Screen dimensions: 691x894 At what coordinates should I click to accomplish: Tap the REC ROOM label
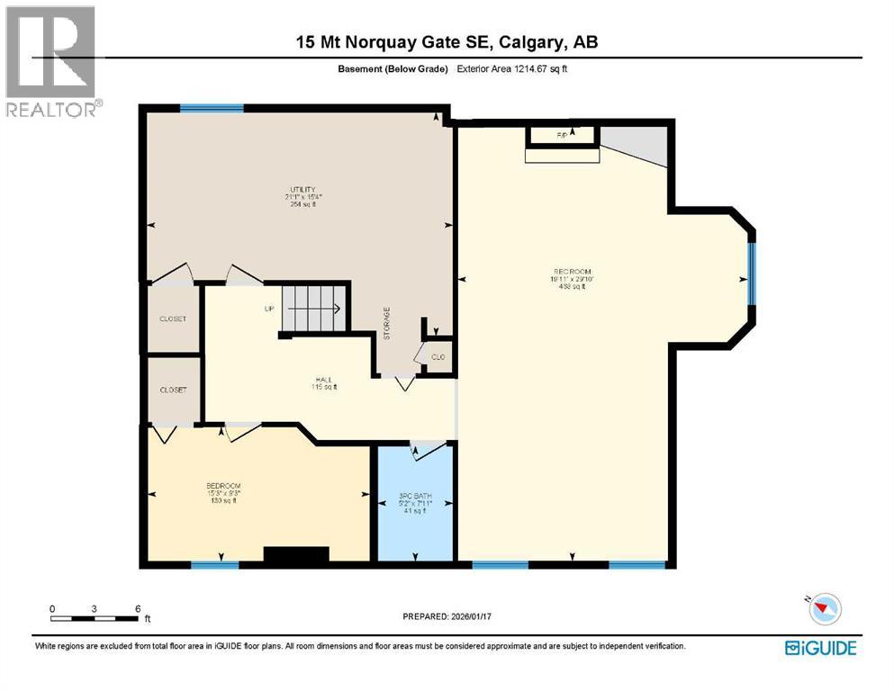(573, 272)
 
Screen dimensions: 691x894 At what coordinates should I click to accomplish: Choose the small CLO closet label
(438, 357)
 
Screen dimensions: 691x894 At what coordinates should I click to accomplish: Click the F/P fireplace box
(563, 135)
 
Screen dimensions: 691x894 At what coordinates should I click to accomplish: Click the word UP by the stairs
(268, 310)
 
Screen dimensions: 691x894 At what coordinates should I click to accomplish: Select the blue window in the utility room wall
(212, 109)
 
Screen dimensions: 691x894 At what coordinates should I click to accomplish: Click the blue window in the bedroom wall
(214, 565)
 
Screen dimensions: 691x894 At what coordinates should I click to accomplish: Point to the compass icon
(824, 610)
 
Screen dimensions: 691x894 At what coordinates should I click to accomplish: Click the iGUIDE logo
(820, 647)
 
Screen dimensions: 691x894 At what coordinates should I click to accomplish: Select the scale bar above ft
(95, 617)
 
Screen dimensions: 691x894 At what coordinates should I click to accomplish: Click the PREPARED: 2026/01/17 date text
(449, 616)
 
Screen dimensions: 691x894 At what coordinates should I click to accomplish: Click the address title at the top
(447, 42)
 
